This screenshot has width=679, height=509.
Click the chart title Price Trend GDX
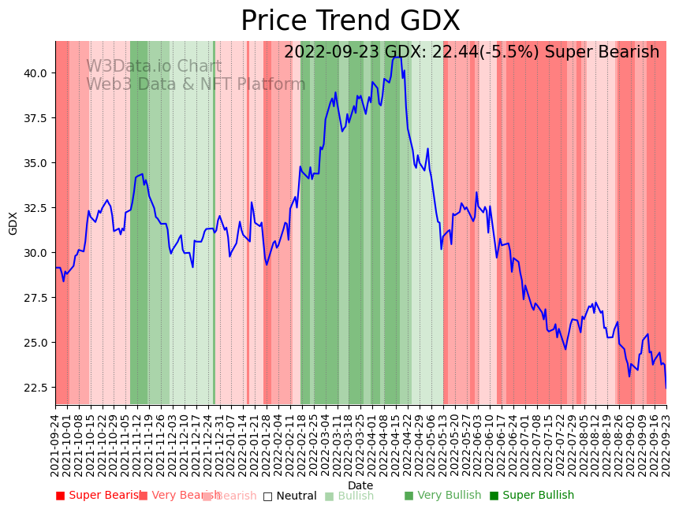pos(350,21)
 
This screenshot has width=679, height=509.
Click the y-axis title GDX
pos(13,223)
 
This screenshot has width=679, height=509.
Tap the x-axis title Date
pos(360,485)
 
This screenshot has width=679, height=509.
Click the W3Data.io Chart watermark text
pos(154,67)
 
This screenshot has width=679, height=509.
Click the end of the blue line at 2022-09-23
pos(666,388)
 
